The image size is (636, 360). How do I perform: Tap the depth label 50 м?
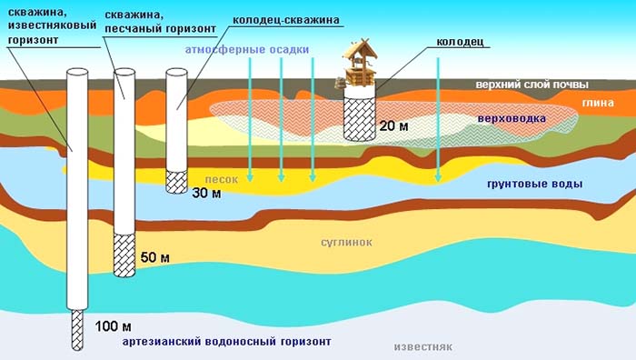[155, 257]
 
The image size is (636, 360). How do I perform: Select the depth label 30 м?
[206, 193]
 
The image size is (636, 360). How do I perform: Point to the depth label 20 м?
[393, 125]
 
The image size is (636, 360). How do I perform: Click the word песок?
[222, 179]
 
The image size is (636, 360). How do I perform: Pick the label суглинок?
[346, 243]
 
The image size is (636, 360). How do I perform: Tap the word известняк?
[423, 347]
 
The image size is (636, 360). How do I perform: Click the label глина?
[598, 103]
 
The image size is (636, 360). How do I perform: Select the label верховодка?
[512, 119]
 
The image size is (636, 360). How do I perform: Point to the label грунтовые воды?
[534, 184]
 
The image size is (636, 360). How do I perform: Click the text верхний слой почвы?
[532, 85]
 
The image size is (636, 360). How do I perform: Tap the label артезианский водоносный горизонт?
[227, 342]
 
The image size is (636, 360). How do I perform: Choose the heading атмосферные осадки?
[247, 49]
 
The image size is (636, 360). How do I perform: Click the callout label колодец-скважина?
[286, 20]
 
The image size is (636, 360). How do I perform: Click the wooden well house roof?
[360, 49]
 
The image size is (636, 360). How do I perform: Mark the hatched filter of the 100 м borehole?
[77, 330]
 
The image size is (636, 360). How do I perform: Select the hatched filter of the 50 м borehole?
[124, 255]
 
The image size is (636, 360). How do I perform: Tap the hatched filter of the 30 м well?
[177, 182]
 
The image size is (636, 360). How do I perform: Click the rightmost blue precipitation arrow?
[438, 119]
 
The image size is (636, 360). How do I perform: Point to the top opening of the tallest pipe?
[77, 72]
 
